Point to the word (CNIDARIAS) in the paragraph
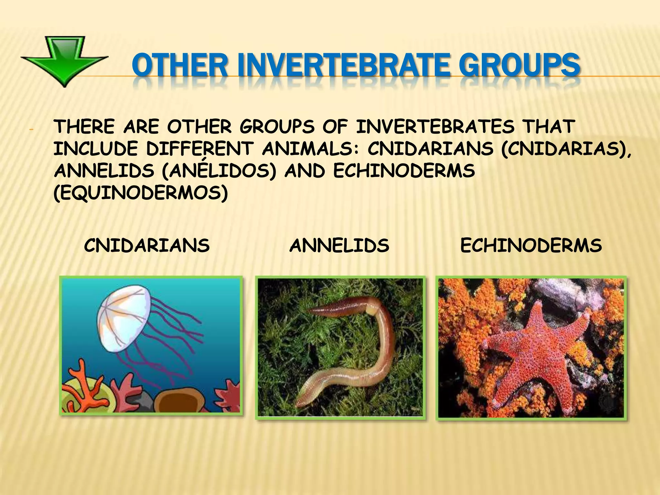pos(566,149)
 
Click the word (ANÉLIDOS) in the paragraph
pos(219,171)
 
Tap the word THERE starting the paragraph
pos(84,127)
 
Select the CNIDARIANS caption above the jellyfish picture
pos(147,246)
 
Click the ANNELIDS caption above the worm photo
pos(339,246)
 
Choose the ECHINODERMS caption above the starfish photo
pos(531,246)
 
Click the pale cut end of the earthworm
pos(373,310)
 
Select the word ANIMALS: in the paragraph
pos(310,149)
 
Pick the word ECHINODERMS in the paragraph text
pos(403,171)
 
